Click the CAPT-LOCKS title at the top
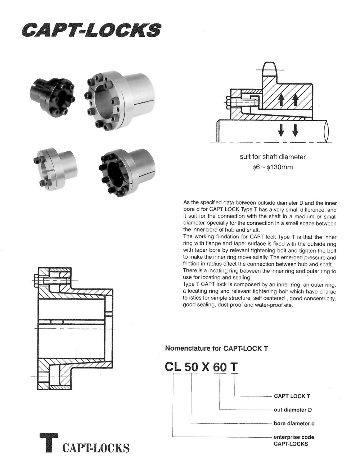91,30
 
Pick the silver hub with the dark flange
127,172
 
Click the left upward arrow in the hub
281,100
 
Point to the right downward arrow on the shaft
295,131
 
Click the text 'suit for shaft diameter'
273,156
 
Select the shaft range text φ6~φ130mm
273,167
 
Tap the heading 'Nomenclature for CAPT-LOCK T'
216,348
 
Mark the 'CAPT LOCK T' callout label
292,396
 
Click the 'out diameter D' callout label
293,410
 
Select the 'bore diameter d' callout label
294,423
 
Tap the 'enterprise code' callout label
294,437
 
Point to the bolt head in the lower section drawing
36,281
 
